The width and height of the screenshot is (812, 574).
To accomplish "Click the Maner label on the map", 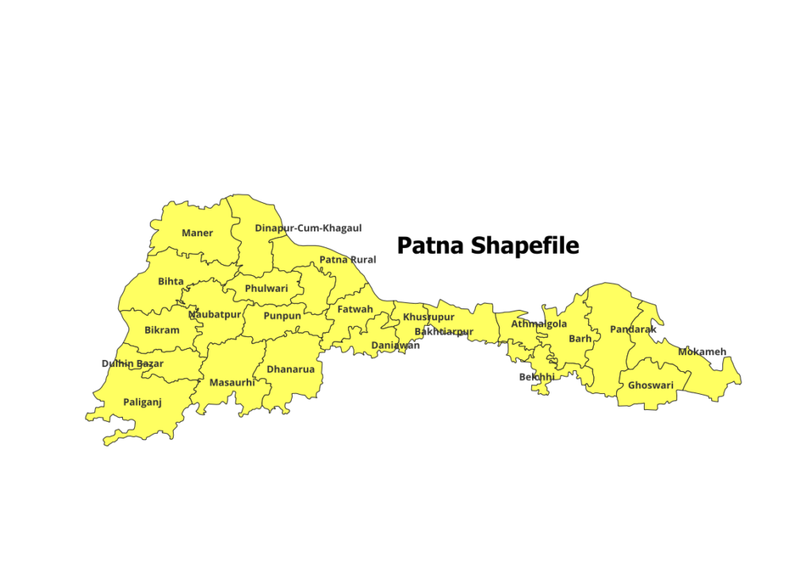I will click(197, 233).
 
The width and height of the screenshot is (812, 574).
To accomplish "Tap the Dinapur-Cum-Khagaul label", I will click(308, 228).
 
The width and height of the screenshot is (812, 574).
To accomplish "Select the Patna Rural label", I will click(347, 260).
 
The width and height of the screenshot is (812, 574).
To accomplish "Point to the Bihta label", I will click(170, 281).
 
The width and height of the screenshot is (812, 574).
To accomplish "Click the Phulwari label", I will click(266, 289).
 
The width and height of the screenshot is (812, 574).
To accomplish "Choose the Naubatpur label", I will click(214, 315).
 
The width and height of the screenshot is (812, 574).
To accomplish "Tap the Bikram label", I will click(162, 330).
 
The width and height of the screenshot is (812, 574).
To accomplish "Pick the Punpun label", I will click(282, 316).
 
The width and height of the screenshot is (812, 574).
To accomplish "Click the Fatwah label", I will click(354, 309).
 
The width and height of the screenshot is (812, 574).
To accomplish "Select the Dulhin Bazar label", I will click(132, 364).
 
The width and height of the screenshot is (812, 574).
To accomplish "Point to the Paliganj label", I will click(142, 403).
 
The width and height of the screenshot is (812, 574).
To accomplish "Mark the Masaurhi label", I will click(232, 383).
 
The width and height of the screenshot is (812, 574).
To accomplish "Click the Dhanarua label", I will click(290, 369).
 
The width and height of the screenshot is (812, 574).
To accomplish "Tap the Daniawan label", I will click(396, 346).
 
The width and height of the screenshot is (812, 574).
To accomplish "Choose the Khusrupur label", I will click(429, 317).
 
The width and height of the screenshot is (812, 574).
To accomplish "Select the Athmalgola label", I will click(538, 324).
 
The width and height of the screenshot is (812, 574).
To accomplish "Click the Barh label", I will click(580, 339).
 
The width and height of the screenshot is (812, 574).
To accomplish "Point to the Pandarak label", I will click(633, 329).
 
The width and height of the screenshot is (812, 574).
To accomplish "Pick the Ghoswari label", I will click(650, 386).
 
